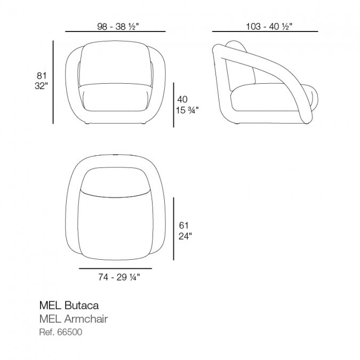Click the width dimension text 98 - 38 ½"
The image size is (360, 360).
[118, 27]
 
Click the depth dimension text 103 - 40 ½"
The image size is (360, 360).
[269, 27]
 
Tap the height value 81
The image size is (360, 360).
[42, 76]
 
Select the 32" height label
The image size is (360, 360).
[41, 86]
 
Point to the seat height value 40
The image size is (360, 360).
[182, 99]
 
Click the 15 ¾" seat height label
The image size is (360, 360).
[187, 110]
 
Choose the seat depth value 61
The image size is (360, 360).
[183, 226]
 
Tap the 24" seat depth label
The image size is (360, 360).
[185, 236]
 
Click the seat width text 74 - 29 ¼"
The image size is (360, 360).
[119, 277]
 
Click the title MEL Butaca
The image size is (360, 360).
[69, 306]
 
